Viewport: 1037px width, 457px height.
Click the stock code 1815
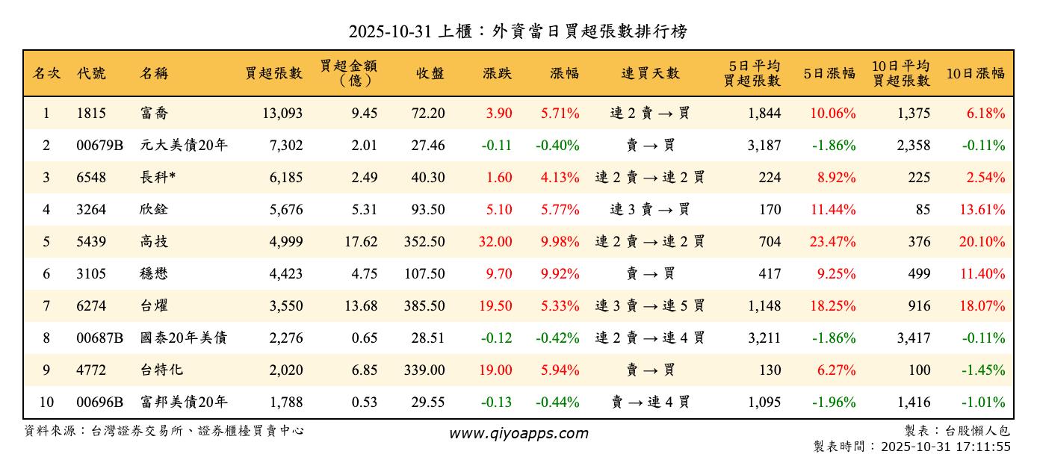pyautogui.click(x=91, y=114)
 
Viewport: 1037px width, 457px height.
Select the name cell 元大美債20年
pyautogui.click(x=183, y=146)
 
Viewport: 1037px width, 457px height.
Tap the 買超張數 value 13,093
pyautogui.click(x=282, y=114)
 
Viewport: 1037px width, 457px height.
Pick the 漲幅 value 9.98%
pyautogui.click(x=560, y=242)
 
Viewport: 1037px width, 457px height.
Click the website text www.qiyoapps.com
pyautogui.click(x=518, y=433)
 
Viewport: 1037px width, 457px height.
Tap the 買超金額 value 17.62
pyautogui.click(x=364, y=242)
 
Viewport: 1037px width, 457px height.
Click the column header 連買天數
pyautogui.click(x=650, y=73)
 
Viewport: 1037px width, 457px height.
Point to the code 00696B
pyautogui.click(x=99, y=402)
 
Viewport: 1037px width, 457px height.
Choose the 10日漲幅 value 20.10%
pyautogui.click(x=982, y=242)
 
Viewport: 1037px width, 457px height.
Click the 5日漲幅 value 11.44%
pyautogui.click(x=833, y=210)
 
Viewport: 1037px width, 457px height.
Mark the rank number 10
pyautogui.click(x=46, y=402)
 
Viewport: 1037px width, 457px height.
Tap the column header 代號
pyautogui.click(x=91, y=73)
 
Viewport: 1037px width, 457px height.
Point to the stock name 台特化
pyautogui.click(x=161, y=370)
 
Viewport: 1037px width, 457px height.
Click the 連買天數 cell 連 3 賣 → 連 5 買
pyautogui.click(x=650, y=306)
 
